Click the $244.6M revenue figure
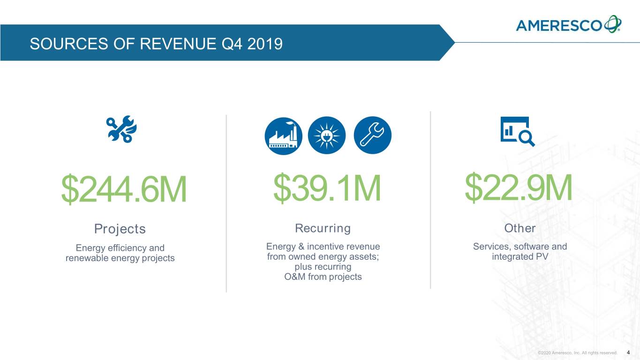(x=124, y=189)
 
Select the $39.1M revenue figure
(x=327, y=188)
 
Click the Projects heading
(x=120, y=229)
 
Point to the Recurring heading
(x=323, y=228)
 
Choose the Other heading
(x=520, y=228)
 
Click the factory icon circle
(x=283, y=136)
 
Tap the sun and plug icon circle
(x=327, y=135)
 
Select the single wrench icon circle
(x=373, y=135)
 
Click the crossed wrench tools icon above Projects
(x=121, y=129)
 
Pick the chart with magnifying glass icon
(x=518, y=131)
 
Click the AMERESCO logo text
(x=559, y=25)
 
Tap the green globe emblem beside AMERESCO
(x=612, y=24)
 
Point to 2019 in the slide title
(x=265, y=44)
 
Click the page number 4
(x=628, y=352)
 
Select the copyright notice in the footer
(x=578, y=353)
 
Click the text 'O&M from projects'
(x=323, y=277)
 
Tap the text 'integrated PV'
(x=520, y=256)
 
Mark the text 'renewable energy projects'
(x=120, y=258)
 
